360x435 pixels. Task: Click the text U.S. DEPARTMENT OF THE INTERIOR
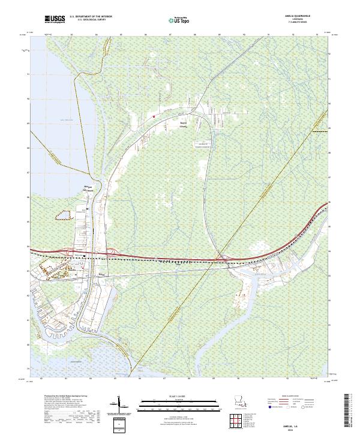tap(91, 17)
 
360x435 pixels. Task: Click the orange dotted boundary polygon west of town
tap(68, 214)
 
